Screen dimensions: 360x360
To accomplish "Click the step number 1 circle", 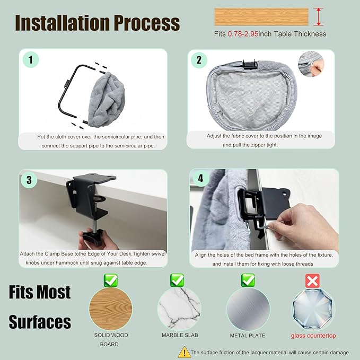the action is [31, 60].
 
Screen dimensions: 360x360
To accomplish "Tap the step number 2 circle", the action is [199, 60].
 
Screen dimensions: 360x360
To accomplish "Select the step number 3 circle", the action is [29, 180].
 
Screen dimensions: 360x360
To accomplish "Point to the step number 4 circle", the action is [200, 178].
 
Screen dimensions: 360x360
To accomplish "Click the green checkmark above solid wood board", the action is [111, 280].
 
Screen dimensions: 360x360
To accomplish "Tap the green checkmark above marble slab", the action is [177, 280].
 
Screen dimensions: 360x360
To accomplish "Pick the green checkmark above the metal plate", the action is [248, 280].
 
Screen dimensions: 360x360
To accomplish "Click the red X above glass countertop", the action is [312, 280].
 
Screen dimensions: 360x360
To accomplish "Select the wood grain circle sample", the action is [111, 309].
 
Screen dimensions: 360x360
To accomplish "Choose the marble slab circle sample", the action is [179, 309].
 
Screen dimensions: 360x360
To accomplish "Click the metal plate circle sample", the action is [248, 309].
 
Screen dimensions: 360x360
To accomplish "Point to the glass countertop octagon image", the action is [313, 309].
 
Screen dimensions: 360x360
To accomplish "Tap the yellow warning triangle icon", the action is [185, 352].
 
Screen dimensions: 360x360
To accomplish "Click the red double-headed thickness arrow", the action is [319, 16].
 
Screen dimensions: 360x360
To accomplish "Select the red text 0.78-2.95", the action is [243, 34].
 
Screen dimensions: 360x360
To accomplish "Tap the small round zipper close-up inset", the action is [311, 64].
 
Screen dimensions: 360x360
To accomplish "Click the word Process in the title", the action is [147, 23].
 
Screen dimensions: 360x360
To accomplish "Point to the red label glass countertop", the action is [313, 336].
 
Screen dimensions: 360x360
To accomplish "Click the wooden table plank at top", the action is [261, 16].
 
